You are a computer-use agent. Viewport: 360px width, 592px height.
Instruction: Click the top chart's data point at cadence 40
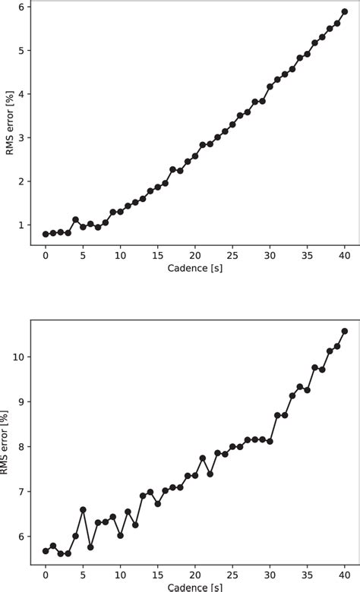click(345, 11)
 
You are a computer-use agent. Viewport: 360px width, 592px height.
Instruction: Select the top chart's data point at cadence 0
click(46, 235)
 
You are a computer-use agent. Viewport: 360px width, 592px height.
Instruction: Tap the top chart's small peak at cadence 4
click(75, 220)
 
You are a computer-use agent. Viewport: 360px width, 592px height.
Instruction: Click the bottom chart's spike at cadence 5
click(83, 510)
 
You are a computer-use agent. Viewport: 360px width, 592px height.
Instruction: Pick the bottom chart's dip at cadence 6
click(90, 547)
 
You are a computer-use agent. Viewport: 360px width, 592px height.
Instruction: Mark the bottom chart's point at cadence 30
click(270, 441)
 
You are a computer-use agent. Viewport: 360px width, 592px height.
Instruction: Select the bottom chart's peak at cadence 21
click(203, 458)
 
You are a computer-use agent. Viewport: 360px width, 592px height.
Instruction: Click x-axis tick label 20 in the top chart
click(195, 256)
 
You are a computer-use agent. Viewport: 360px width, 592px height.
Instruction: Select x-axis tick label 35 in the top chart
click(308, 256)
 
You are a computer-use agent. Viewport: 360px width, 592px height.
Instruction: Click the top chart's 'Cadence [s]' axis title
click(195, 268)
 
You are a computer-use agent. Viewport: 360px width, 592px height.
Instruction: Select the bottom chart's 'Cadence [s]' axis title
click(195, 587)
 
